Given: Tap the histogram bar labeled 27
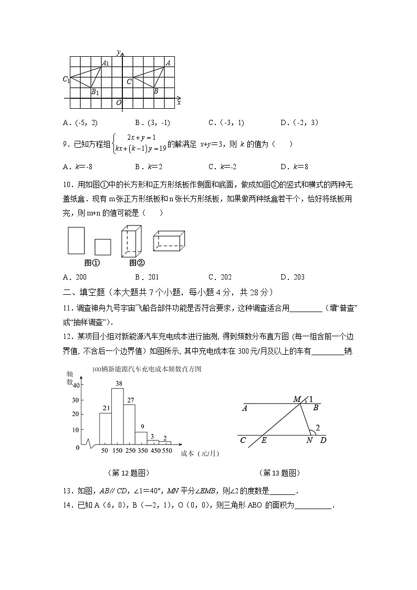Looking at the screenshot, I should click(129, 426).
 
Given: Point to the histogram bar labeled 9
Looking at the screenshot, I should click(141, 439).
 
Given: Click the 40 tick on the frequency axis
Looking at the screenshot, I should click(76, 385).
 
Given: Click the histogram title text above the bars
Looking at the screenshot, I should click(147, 369).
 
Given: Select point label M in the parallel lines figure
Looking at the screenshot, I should click(297, 400).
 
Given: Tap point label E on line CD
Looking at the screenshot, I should click(264, 440).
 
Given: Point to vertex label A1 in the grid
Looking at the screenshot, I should click(106, 64).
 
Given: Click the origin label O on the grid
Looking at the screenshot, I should click(119, 102).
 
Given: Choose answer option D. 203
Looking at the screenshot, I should click(293, 277).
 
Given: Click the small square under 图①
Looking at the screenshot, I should click(102, 247).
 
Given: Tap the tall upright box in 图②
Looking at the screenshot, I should click(131, 241).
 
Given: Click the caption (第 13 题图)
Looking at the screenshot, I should click(280, 473).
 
